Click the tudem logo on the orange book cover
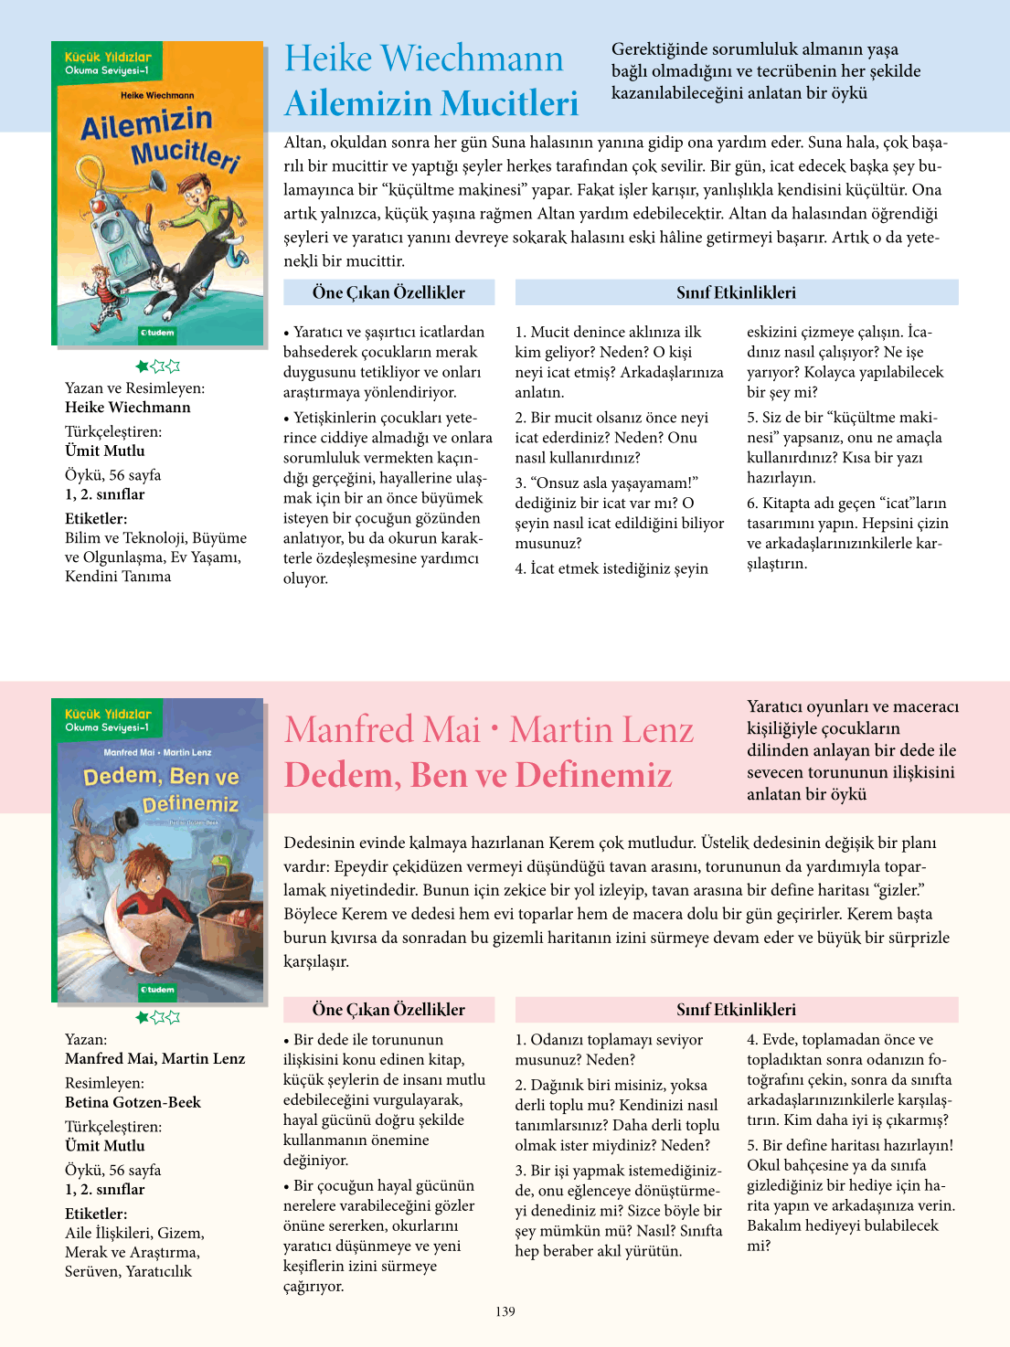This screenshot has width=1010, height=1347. [x=156, y=333]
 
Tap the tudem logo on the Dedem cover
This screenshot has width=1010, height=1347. [x=157, y=989]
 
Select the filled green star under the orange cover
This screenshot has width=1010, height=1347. [x=143, y=366]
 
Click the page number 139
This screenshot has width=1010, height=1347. [x=505, y=1311]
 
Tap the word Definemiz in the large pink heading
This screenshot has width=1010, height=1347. [x=593, y=775]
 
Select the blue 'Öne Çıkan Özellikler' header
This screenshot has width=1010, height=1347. [x=388, y=292]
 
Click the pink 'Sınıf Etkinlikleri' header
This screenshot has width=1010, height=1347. [x=736, y=1009]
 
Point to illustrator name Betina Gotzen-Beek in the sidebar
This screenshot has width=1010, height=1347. [x=133, y=1102]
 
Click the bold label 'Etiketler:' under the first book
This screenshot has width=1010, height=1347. [x=96, y=518]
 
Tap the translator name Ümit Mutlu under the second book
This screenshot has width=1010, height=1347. [x=105, y=1145]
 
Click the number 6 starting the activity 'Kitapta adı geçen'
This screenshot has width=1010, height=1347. [x=751, y=504]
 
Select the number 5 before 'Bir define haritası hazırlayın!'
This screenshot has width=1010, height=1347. [x=751, y=1145]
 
